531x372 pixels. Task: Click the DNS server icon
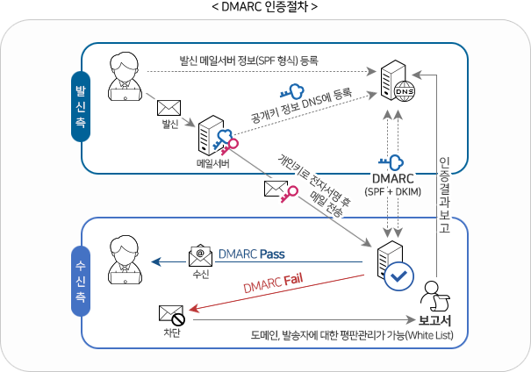[397, 79]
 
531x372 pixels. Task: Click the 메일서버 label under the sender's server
[213, 163]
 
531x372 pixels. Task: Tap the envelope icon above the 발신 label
[169, 108]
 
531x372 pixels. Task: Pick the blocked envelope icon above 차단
[170, 313]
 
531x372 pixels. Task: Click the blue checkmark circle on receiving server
[399, 275]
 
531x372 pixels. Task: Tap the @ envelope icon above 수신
[200, 256]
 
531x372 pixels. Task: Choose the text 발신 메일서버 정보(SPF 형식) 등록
[248, 61]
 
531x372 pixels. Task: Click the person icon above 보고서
[431, 294]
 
